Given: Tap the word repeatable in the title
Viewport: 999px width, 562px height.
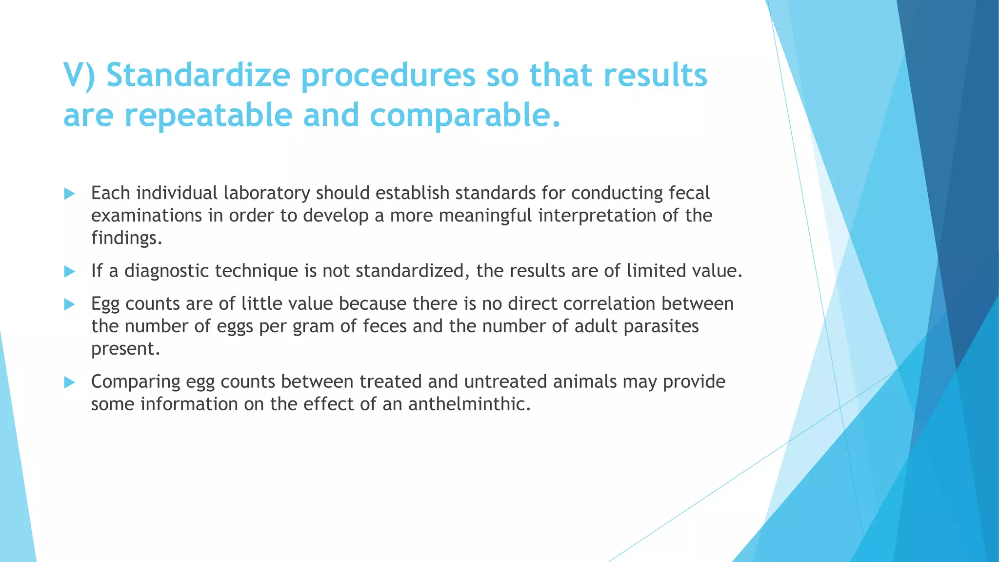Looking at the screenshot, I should [208, 115].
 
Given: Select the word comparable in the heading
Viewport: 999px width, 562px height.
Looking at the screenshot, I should [465, 115].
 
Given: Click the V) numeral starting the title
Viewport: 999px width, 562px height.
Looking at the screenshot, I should [80, 75].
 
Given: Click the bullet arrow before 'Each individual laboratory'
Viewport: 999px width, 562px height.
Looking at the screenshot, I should [69, 194].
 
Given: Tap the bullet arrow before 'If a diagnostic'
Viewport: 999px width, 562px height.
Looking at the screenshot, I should [69, 272].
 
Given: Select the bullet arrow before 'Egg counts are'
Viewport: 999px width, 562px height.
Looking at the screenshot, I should [69, 305].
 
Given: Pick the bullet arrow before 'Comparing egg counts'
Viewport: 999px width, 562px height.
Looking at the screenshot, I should [69, 382].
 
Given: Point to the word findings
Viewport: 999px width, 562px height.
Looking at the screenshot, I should [126, 238].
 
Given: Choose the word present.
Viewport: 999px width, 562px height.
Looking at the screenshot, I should [125, 349].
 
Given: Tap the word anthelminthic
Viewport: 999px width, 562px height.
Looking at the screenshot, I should [469, 404].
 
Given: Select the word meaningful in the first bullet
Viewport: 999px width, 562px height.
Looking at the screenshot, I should [485, 216].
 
